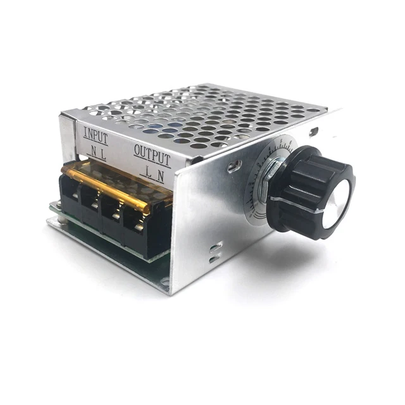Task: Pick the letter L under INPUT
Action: [105, 154]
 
